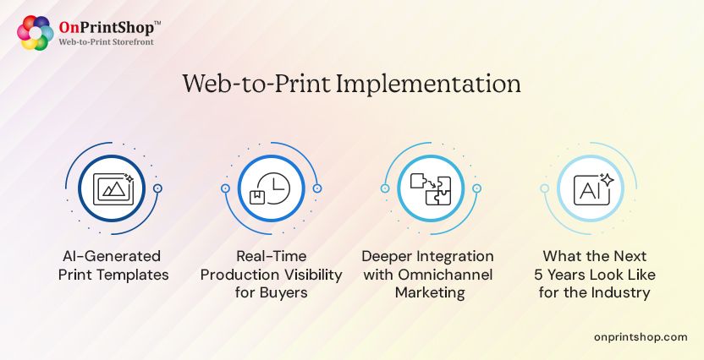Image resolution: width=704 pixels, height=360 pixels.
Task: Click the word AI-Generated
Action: pos(113,255)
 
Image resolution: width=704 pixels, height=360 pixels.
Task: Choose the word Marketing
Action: pos(428,292)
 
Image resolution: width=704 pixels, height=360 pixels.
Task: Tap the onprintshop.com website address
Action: pos(641,336)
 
